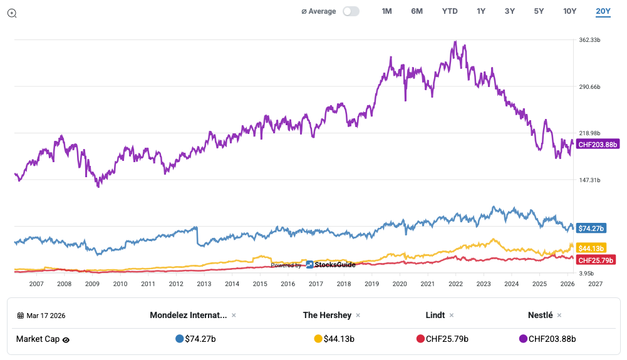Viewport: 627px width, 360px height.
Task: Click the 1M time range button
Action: (x=386, y=11)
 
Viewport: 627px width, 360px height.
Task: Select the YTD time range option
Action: (x=450, y=11)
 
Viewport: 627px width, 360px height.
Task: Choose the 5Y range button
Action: (x=539, y=11)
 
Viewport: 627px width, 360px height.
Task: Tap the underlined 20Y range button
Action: (x=603, y=11)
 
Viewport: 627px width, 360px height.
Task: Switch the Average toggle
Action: (x=351, y=11)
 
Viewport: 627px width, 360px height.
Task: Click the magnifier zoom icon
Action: (x=12, y=13)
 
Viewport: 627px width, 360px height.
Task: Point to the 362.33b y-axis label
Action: (x=590, y=40)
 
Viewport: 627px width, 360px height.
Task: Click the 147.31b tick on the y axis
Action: (x=590, y=180)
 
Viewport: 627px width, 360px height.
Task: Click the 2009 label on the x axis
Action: (x=92, y=284)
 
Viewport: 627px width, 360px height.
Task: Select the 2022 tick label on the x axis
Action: (x=455, y=284)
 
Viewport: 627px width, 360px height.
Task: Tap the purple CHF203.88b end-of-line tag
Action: (x=598, y=145)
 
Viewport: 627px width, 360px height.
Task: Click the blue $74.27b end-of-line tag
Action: (x=591, y=229)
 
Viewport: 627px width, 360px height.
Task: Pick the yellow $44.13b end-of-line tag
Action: (x=591, y=248)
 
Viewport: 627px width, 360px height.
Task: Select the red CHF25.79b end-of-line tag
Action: (x=596, y=260)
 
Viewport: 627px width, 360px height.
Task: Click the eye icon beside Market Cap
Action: (x=66, y=340)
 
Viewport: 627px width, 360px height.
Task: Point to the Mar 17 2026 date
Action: (x=46, y=316)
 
